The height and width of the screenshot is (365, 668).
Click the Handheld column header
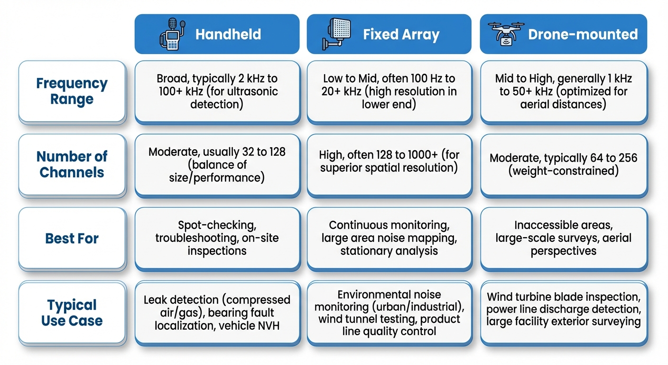(217, 34)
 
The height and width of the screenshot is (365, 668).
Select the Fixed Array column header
(389, 34)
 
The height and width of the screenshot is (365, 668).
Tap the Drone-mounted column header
(563, 34)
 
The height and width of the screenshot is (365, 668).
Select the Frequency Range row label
(72, 91)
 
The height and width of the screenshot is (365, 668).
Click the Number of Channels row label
(72, 164)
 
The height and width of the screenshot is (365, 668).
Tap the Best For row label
(72, 238)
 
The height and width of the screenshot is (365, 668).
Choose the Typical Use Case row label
(72, 313)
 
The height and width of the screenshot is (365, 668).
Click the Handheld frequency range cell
(217, 92)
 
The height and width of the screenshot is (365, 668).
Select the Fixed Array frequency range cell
(389, 92)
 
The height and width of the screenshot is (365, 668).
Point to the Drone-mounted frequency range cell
(563, 92)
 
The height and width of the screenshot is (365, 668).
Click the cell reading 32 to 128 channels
(217, 165)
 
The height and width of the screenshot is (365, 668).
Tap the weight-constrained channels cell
(563, 165)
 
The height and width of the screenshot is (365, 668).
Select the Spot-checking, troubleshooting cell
(217, 238)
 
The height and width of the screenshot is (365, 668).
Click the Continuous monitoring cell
(389, 238)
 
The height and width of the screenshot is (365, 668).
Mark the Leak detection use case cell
(217, 313)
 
